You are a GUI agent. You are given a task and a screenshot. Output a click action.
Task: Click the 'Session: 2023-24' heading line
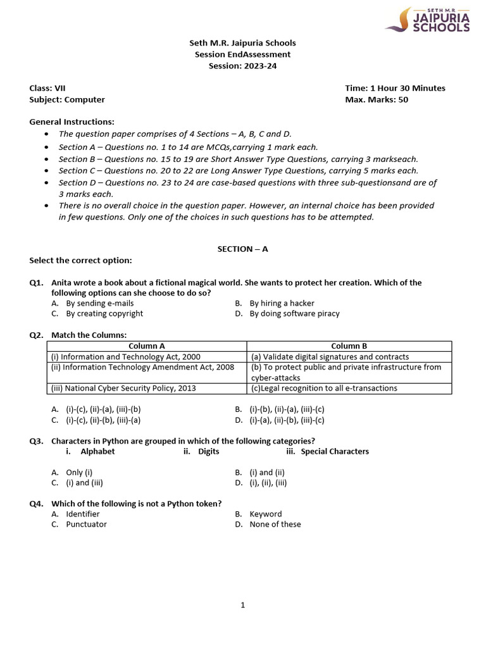click(242, 66)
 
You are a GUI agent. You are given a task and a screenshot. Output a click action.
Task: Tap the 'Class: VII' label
click(47, 88)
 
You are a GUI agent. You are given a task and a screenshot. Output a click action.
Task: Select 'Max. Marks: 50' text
click(377, 99)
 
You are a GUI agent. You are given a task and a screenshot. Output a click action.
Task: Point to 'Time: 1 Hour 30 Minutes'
click(395, 88)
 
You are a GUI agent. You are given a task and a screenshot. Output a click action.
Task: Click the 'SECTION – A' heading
click(242, 249)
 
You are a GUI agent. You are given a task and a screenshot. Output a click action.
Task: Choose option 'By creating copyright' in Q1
click(104, 313)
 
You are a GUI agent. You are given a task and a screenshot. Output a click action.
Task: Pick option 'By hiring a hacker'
click(282, 303)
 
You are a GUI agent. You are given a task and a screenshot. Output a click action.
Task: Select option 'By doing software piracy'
click(294, 313)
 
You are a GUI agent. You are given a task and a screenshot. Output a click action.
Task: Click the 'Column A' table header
click(147, 346)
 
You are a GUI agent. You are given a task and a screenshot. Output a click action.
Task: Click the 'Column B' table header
click(349, 346)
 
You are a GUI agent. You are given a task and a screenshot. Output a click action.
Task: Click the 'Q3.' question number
click(37, 441)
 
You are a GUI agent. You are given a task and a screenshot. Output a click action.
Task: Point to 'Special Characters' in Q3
click(334, 451)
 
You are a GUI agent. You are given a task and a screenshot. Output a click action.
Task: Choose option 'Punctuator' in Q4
click(86, 524)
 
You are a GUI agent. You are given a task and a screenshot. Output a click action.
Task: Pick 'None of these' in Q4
click(275, 524)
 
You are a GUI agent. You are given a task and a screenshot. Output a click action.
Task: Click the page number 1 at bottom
click(242, 605)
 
